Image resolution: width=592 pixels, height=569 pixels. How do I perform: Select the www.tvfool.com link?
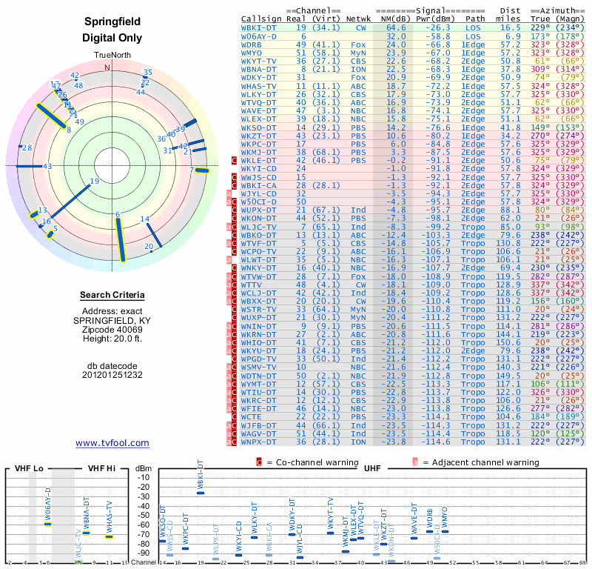click(x=112, y=443)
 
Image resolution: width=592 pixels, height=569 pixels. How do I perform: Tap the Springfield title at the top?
click(x=112, y=22)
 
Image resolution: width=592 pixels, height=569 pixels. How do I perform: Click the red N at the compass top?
click(x=108, y=67)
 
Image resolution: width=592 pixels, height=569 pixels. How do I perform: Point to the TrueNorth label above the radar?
click(x=112, y=56)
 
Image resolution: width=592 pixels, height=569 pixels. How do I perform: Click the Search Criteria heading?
click(x=112, y=296)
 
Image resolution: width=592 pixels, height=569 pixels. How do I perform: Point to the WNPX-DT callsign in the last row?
click(x=258, y=442)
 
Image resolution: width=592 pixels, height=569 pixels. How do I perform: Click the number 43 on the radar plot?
click(x=47, y=166)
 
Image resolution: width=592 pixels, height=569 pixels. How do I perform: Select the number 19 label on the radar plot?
click(x=94, y=182)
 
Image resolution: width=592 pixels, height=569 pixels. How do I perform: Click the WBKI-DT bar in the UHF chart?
click(x=200, y=492)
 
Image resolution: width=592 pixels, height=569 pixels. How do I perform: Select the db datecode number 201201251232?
click(x=112, y=375)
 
